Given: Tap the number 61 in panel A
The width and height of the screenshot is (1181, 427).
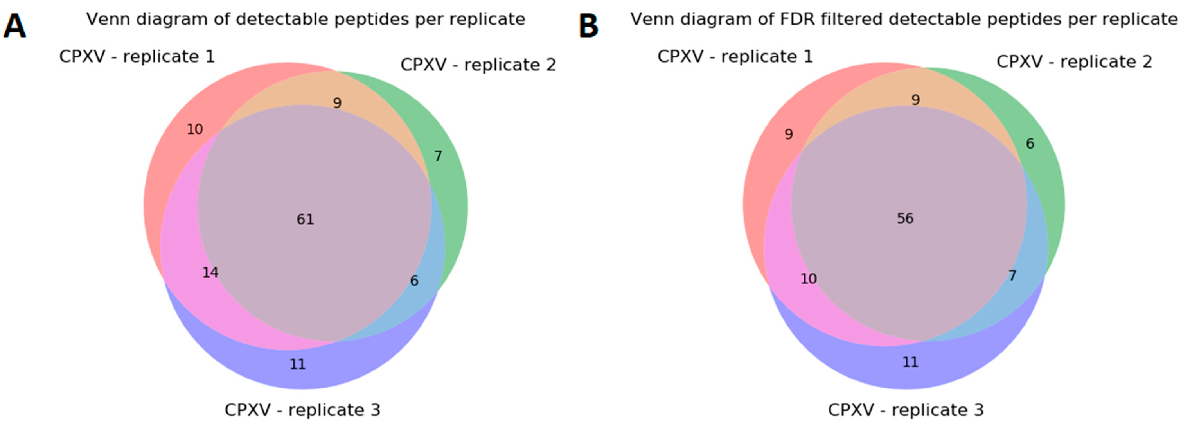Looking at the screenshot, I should click(x=305, y=220).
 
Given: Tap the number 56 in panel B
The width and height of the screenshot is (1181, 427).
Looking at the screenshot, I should click(x=905, y=219).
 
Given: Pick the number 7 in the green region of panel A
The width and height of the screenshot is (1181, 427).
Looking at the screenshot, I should click(x=438, y=156).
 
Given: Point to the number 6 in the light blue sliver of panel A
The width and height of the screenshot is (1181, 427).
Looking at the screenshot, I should click(x=414, y=281).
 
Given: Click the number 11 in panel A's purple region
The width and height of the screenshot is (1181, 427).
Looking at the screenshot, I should click(x=297, y=364).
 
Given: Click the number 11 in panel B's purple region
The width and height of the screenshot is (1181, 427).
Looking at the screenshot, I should click(x=910, y=362).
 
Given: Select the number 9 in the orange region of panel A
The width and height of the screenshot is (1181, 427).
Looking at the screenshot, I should click(x=337, y=103).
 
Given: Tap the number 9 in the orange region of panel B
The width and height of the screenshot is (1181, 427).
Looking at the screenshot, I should click(x=916, y=100).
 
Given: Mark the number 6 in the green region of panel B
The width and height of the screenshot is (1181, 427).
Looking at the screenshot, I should click(x=1030, y=144).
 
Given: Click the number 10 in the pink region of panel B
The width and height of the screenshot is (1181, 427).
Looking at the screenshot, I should click(x=808, y=279).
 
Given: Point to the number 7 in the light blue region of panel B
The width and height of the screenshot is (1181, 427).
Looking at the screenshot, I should click(x=1012, y=275).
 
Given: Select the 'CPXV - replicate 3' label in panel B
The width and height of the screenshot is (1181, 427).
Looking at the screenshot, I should click(x=905, y=410).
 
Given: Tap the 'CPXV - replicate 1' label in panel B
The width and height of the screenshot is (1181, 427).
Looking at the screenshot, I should click(x=735, y=57).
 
